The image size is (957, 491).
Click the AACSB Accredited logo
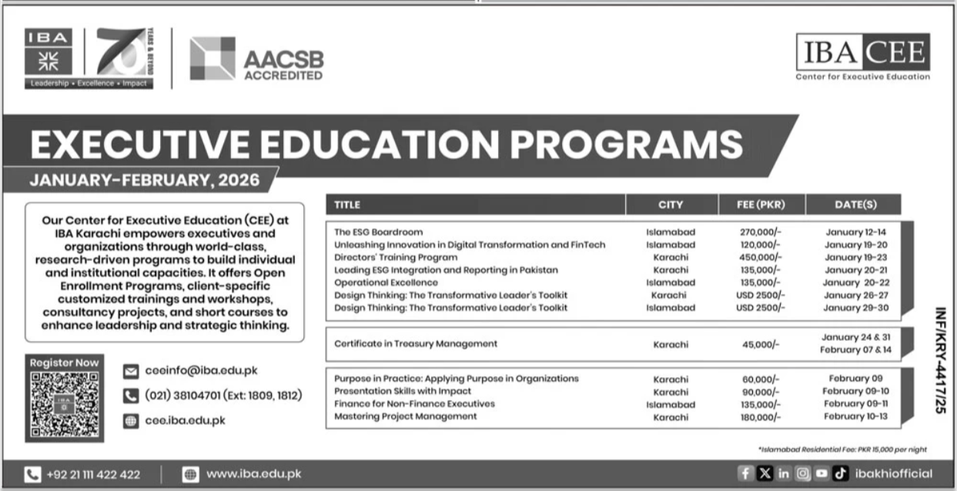256,59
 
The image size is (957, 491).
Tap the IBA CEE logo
862,56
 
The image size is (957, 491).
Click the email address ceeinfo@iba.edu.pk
201,371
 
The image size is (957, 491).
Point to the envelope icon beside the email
131,372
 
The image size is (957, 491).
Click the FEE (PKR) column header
751,205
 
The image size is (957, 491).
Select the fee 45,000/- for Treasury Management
759,344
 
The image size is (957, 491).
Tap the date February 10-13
855,416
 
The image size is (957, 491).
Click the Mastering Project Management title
405,416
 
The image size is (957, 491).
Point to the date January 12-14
855,232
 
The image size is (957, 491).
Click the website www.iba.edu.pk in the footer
253,474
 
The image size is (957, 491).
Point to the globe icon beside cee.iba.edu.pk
131,421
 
